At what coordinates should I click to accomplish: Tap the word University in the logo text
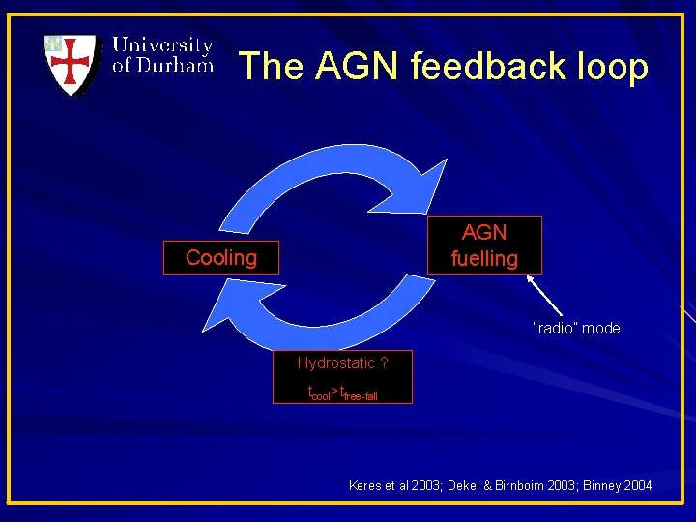[x=162, y=45]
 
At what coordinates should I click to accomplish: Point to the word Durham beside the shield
[x=174, y=66]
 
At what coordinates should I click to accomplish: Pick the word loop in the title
[x=609, y=67]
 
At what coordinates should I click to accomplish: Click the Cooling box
[x=221, y=258]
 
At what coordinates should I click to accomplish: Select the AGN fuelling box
[x=484, y=246]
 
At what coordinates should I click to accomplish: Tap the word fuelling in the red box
[x=484, y=259]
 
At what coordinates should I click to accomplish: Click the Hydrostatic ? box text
[x=342, y=363]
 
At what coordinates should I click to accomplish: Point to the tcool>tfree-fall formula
[x=342, y=392]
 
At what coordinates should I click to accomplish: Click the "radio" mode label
[x=576, y=329]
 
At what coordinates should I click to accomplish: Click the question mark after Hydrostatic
[x=385, y=363]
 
